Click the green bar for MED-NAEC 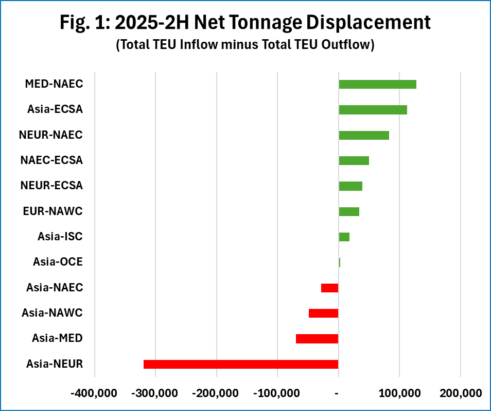point(377,84)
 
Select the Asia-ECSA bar point(373,110)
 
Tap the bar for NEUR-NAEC point(364,135)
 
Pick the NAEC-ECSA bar point(354,160)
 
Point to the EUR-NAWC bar point(349,211)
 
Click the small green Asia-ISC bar point(344,237)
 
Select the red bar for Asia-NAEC point(330,288)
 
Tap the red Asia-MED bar point(317,338)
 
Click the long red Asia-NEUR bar point(241,364)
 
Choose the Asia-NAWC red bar point(324,313)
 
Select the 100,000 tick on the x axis point(399,393)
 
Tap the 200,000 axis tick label point(460,393)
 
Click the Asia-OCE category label point(58,262)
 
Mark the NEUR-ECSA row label point(51,186)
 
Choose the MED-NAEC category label point(54,84)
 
